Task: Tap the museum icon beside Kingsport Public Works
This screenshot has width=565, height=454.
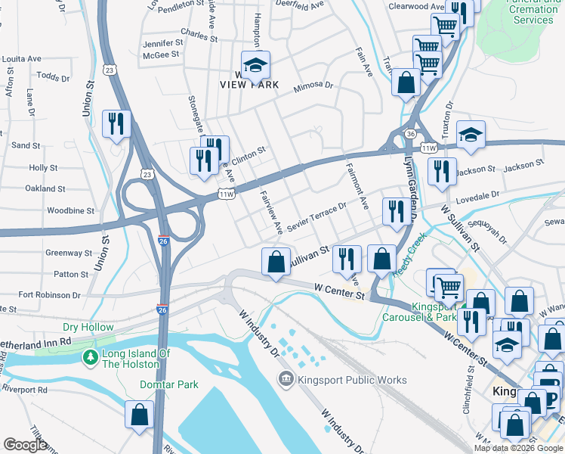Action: tap(286, 378)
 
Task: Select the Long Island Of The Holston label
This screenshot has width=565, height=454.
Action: tap(131, 359)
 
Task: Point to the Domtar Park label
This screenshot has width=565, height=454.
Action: tap(169, 384)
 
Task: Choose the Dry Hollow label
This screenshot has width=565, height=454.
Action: tap(83, 328)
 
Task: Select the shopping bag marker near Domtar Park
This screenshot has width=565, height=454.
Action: tap(140, 415)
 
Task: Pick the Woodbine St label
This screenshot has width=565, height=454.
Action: tap(70, 211)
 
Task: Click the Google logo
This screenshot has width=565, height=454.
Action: tap(25, 444)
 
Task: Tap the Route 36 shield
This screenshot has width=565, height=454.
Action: tap(409, 133)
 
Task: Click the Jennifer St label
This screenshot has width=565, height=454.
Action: tap(163, 43)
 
